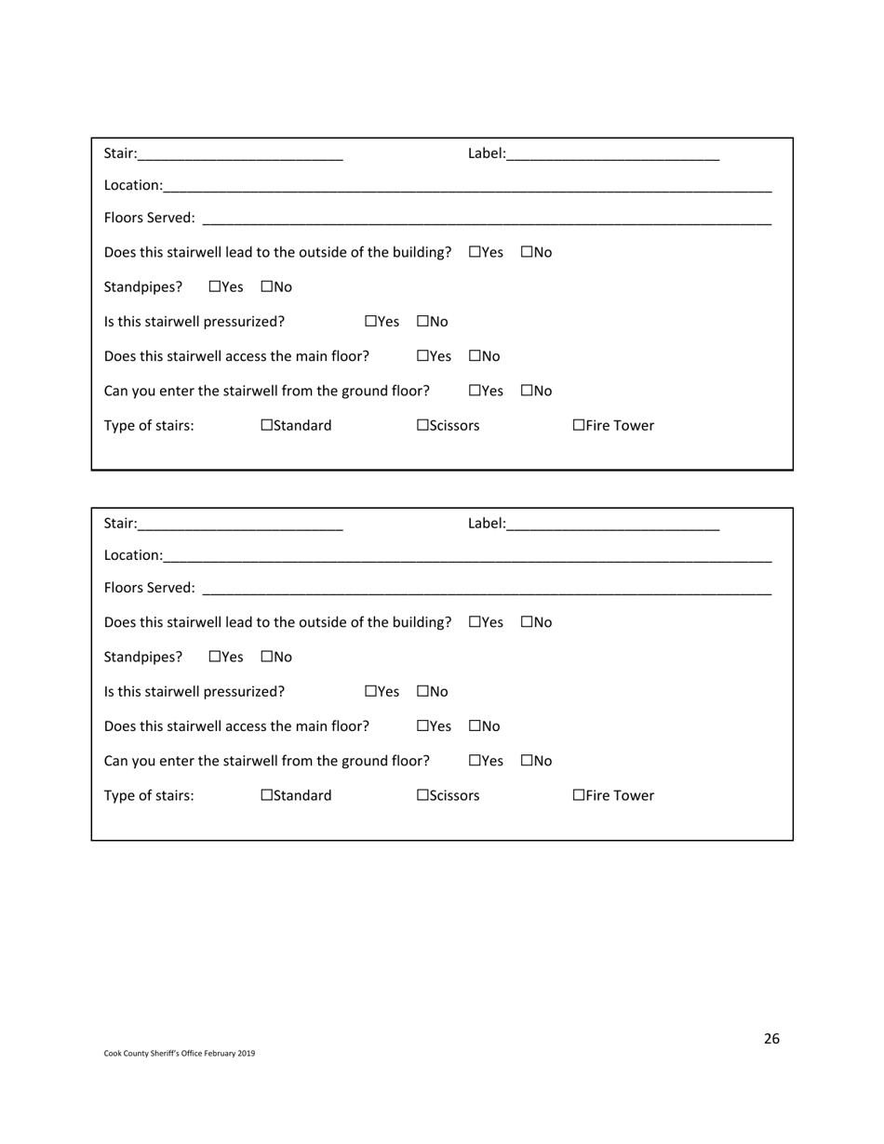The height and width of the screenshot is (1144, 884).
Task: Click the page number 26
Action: pos(771,1039)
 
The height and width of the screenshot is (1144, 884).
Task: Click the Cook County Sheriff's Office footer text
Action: pos(179,1054)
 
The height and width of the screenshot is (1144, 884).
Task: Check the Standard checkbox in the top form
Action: pos(267,426)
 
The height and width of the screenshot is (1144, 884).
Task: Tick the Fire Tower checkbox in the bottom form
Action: pos(579,795)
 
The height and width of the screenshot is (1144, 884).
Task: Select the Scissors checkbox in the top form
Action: pos(422,426)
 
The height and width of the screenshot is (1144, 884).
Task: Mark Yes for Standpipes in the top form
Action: pos(215,287)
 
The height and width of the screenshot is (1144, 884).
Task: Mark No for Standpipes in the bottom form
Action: pos(267,657)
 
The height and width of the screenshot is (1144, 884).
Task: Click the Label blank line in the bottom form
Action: pos(613,525)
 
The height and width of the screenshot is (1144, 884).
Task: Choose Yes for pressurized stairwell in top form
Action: pos(371,322)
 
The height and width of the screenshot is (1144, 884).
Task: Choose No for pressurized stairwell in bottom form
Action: pos(423,692)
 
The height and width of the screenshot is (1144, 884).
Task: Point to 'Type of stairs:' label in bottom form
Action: pos(149,795)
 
